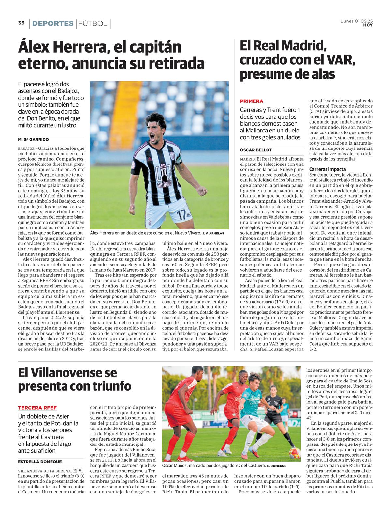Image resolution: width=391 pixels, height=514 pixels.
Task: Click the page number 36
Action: point(21,23)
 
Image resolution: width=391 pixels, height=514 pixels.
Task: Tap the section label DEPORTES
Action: point(53,23)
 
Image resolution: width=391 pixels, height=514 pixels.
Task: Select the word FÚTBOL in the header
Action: point(93,23)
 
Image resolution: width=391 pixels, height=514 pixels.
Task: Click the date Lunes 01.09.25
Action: point(357,21)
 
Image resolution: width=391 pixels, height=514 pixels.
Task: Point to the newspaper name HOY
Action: point(368,25)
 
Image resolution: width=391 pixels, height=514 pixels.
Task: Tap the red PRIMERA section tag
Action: point(252,101)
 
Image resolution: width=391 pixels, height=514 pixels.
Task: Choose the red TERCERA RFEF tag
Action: point(37,408)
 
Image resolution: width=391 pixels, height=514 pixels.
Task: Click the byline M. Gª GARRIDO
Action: point(33,140)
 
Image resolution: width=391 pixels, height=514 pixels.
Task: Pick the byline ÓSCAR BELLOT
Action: point(256,150)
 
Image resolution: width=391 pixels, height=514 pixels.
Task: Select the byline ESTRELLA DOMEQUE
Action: point(40,462)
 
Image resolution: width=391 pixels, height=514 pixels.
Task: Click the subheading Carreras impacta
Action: point(327,169)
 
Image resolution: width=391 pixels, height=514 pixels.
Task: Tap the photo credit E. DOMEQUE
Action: point(277,466)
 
